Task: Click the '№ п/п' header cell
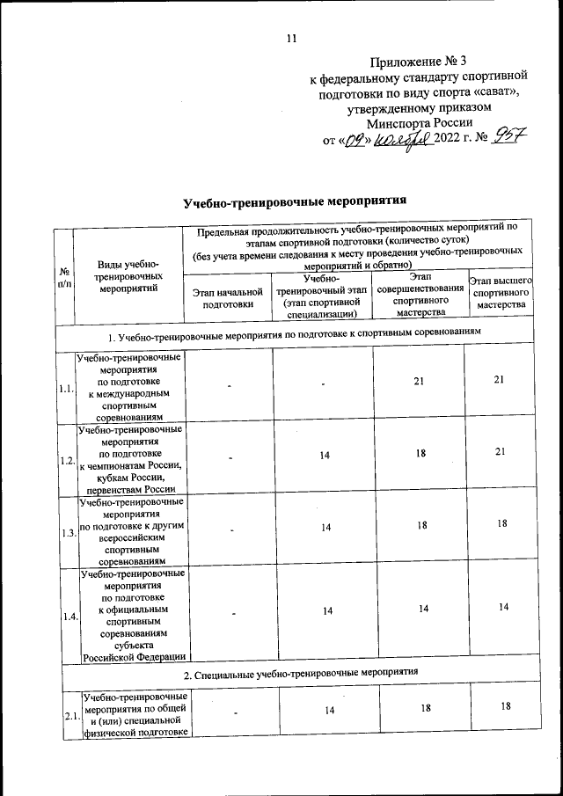tap(63, 276)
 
